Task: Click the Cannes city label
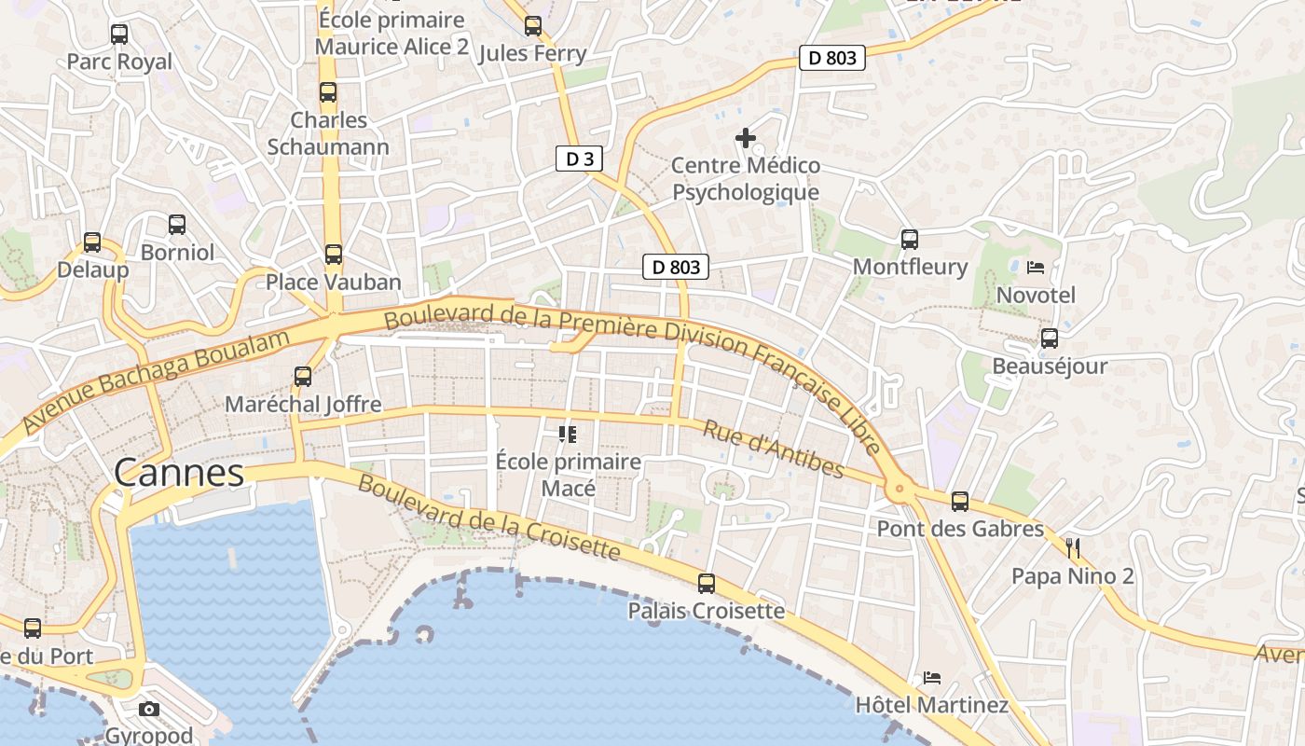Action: point(179,473)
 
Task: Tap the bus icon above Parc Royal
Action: point(119,35)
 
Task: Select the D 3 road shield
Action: point(580,159)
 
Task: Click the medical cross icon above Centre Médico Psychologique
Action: point(746,138)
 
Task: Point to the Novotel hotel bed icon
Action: point(1036,268)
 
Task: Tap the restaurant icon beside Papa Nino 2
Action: point(1073,547)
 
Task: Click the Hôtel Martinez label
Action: point(932,704)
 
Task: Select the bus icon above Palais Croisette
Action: point(707,584)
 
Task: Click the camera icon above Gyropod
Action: point(149,710)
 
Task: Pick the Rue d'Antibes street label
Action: point(773,449)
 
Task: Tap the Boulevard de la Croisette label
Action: point(488,518)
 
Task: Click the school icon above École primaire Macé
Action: point(567,434)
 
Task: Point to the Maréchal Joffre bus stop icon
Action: point(303,377)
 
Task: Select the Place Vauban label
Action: point(334,282)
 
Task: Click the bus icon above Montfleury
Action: point(910,240)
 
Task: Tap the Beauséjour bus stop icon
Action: point(1050,338)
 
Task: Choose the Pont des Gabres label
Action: point(960,529)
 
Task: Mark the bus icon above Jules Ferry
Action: point(533,26)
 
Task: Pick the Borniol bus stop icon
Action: point(177,225)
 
